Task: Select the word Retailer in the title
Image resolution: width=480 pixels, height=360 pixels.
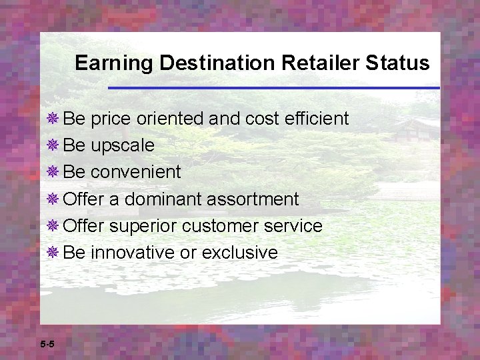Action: [300, 63]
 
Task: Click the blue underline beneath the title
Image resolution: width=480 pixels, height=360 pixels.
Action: [273, 88]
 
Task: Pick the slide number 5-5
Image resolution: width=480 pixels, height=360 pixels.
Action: [47, 345]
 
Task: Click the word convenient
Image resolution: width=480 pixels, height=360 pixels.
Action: [135, 172]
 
